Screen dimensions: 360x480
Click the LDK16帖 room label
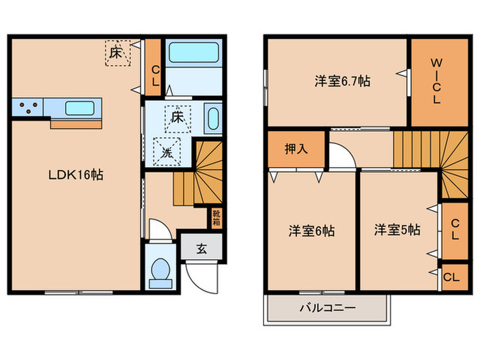click(75, 175)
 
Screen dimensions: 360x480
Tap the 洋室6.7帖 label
click(343, 81)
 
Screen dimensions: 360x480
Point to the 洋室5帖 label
click(397, 230)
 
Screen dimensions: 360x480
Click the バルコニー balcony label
click(328, 308)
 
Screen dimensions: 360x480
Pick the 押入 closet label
click(296, 149)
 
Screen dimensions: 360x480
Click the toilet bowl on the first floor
click(160, 269)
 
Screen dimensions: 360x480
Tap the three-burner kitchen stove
click(27, 108)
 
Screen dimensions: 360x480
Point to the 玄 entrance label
click(202, 248)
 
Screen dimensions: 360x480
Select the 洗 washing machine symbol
click(167, 152)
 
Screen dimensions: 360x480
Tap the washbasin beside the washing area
click(212, 118)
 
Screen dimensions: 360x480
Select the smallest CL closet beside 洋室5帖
click(451, 277)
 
